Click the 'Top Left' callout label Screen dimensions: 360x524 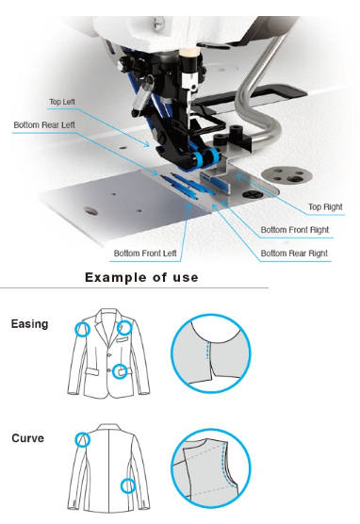point(62,102)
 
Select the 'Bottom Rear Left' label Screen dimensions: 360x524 point(44,125)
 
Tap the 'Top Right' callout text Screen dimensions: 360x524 point(325,206)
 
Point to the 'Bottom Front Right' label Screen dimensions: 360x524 point(294,230)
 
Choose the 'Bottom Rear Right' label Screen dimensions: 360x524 point(294,254)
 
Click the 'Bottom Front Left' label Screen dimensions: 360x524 point(145,254)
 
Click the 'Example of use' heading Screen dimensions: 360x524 point(141,277)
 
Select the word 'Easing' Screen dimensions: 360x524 point(30,324)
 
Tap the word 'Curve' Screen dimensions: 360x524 point(27,438)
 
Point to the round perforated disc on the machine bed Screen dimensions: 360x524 point(286,175)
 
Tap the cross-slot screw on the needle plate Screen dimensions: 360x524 point(250,194)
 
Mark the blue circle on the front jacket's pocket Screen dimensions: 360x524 point(120,371)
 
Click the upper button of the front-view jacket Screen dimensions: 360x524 point(109,354)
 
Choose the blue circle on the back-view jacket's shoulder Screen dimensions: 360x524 point(82,439)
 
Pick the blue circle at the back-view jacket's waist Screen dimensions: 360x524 point(127,486)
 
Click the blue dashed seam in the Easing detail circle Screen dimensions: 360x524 point(207,351)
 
